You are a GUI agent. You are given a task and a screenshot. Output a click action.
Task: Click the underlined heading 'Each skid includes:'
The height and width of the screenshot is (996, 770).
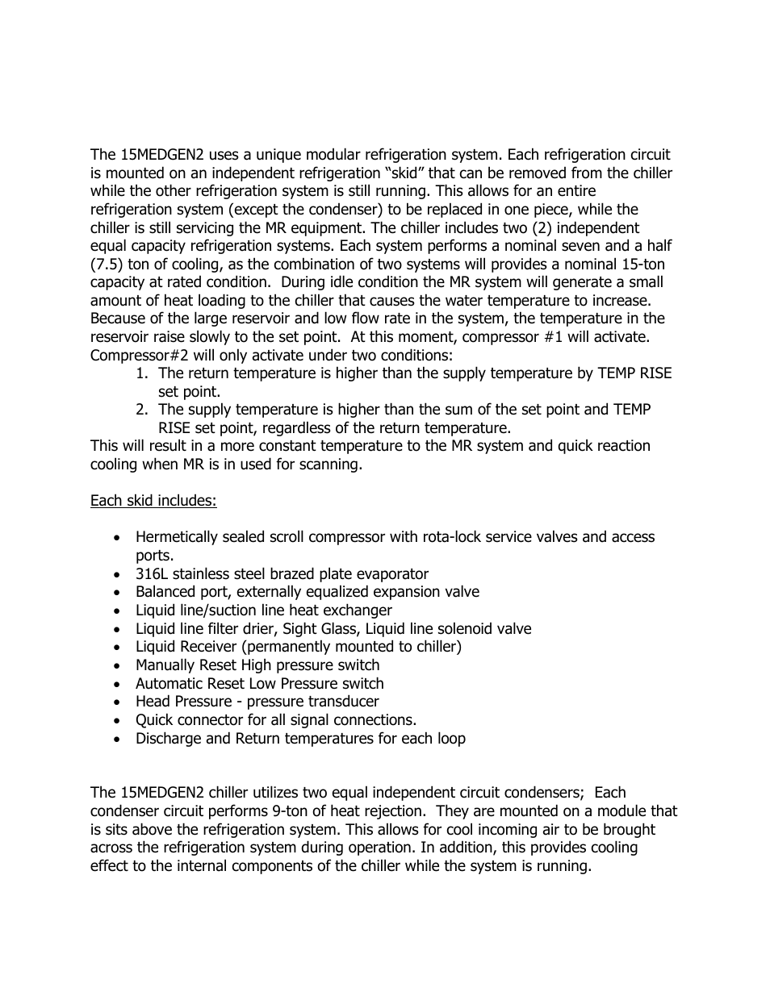point(153,501)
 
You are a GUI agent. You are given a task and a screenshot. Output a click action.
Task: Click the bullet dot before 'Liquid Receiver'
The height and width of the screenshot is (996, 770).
point(119,648)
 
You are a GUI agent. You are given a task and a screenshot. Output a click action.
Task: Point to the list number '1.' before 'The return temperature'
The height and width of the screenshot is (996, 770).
point(142,373)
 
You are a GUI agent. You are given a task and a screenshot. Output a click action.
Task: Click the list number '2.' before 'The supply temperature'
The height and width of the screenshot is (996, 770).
point(142,410)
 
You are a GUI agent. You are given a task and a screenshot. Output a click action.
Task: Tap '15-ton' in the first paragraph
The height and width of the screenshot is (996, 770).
point(642,265)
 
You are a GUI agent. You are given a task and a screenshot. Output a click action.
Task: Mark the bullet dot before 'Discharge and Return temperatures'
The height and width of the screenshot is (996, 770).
point(119,740)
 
